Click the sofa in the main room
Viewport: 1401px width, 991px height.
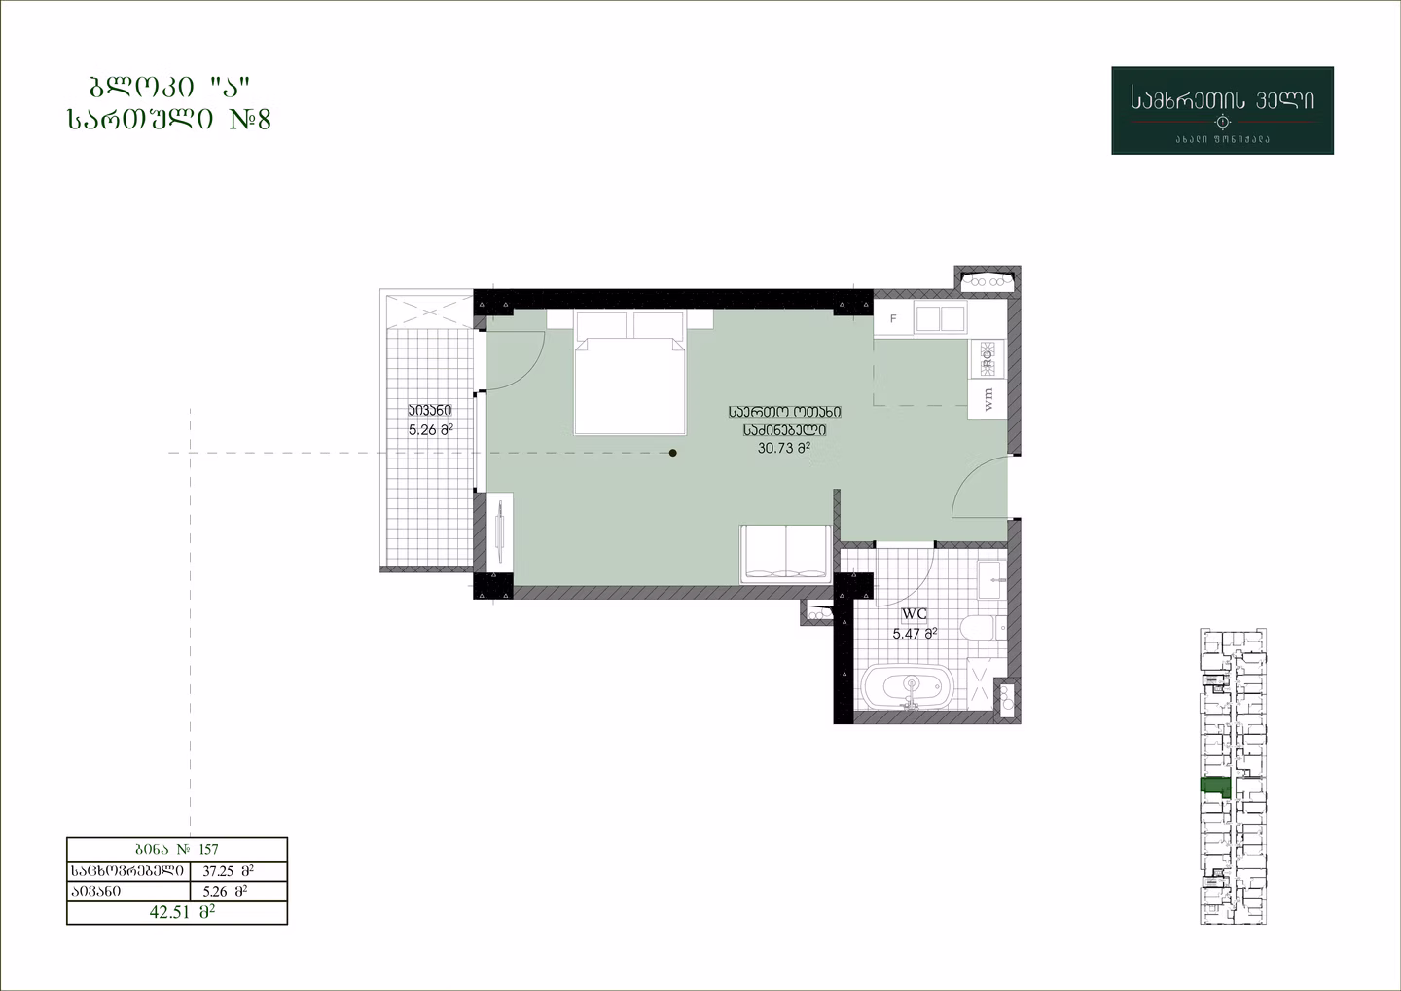[785, 554]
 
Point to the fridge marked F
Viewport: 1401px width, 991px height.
[893, 319]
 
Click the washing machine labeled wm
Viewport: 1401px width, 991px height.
[988, 398]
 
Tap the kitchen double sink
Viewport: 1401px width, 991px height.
[940, 317]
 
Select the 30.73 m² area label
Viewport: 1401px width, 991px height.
[784, 448]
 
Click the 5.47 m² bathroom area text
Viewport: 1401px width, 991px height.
[915, 634]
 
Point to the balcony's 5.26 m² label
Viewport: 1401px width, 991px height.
[430, 430]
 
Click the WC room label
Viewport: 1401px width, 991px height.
[915, 614]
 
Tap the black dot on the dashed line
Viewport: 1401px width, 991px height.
[673, 453]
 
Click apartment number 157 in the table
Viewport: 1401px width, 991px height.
[208, 849]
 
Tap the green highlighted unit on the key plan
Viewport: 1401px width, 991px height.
[1214, 787]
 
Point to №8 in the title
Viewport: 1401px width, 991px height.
[250, 119]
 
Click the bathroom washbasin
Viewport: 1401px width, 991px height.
[991, 580]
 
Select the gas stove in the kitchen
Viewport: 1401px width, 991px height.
[988, 358]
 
